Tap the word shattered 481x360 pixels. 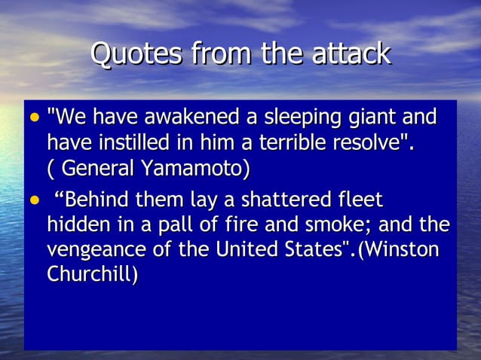276,201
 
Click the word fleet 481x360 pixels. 358,201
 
